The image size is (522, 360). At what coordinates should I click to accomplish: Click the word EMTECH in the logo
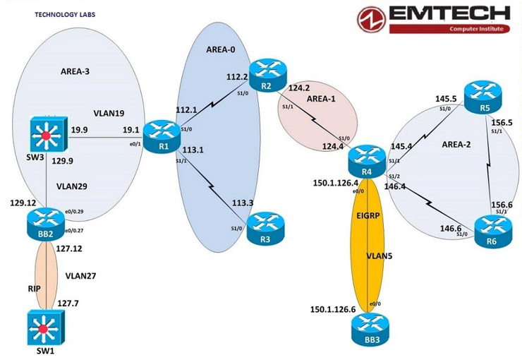point(446,14)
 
